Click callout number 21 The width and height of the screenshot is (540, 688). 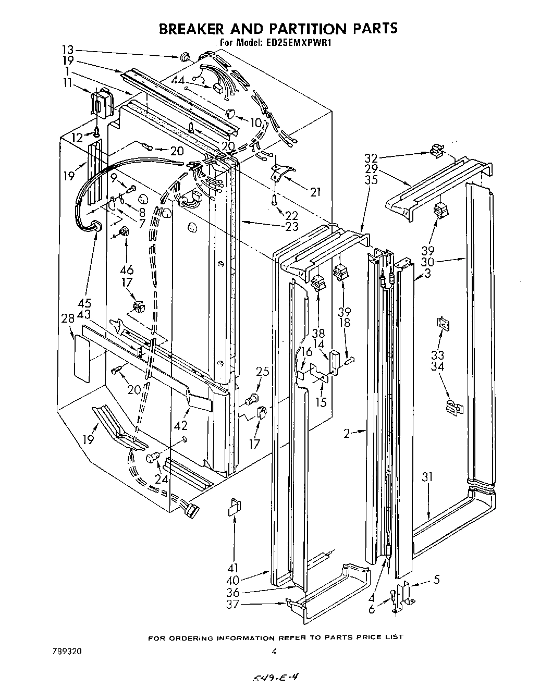(x=315, y=192)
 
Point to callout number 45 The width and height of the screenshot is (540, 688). (x=84, y=303)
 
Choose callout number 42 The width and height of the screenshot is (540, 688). (x=181, y=425)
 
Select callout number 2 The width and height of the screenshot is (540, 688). (x=346, y=432)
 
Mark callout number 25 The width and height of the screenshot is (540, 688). (x=263, y=371)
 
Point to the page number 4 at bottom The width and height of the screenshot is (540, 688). (x=274, y=652)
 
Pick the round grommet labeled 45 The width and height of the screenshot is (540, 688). (x=96, y=226)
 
